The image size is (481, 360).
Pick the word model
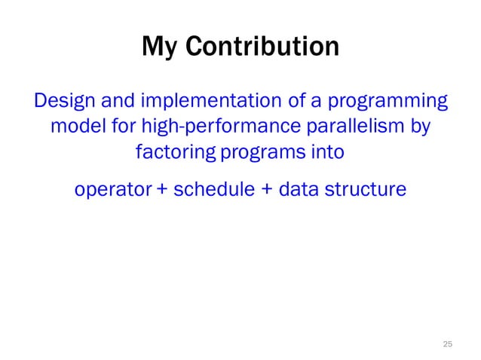pyautogui.click(x=75, y=126)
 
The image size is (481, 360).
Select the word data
pyautogui.click(x=300, y=189)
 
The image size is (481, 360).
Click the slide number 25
pyautogui.click(x=447, y=343)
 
